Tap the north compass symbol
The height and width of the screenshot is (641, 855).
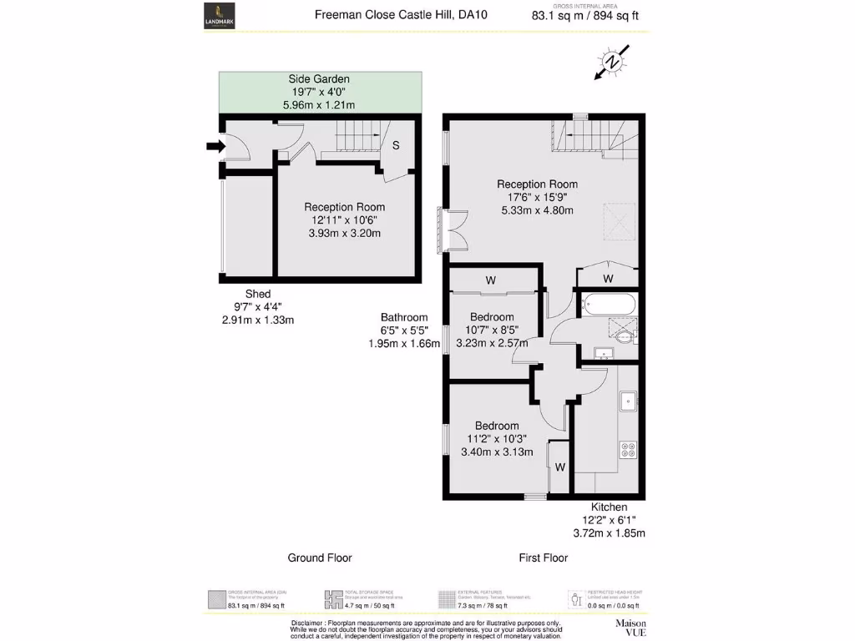pos(612,63)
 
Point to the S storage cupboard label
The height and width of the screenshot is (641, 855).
pos(396,145)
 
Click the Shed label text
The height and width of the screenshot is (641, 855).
pos(257,294)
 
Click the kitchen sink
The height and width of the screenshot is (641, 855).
pos(627,401)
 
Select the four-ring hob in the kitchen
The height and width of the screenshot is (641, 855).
pos(627,449)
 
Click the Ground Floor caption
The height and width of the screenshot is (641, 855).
pos(320,558)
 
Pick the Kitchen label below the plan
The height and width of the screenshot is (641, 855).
pos(609,507)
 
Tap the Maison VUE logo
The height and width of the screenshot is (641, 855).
pos(631,627)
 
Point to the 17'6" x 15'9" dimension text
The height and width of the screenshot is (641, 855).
pos(537,198)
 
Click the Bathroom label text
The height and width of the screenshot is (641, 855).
pos(404,317)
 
